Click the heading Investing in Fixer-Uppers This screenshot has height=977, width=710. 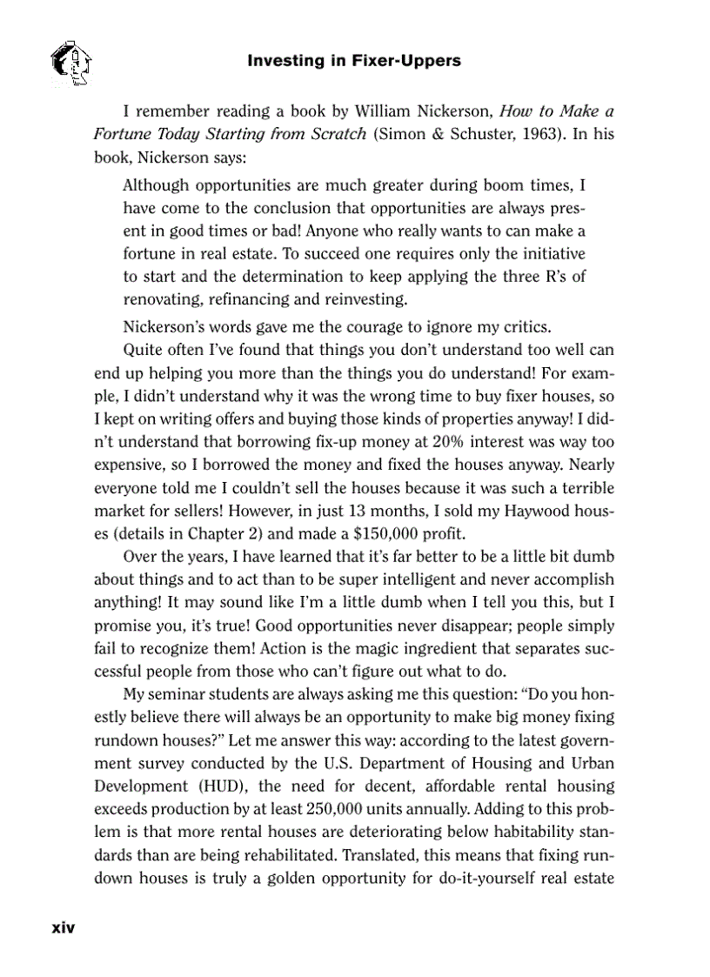(354, 61)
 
